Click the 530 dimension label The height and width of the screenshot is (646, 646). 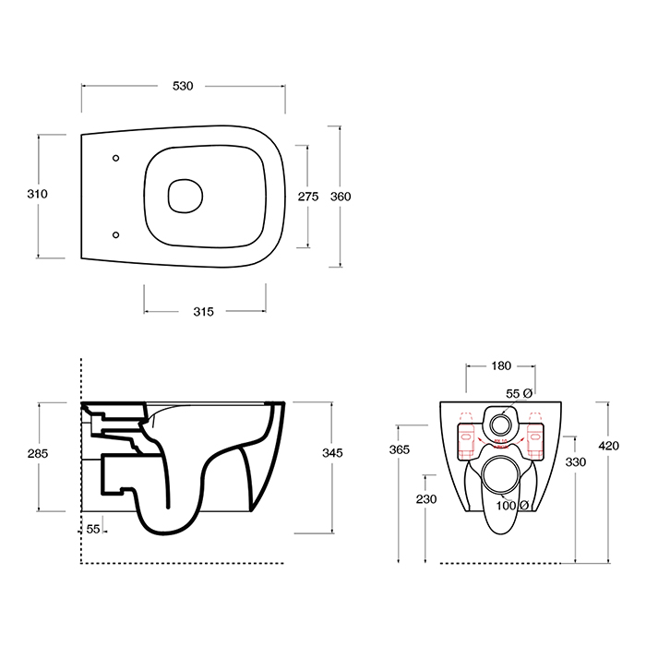183,86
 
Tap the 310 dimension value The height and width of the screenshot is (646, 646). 38,194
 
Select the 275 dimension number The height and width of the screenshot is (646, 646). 308,197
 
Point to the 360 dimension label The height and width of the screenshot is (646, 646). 341,197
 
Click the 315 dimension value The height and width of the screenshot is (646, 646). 204,312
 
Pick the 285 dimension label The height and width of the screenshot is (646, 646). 38,454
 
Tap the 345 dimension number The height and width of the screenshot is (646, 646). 332,453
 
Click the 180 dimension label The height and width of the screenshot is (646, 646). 501,365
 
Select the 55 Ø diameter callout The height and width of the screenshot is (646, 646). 519,393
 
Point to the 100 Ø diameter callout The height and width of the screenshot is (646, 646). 512,505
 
